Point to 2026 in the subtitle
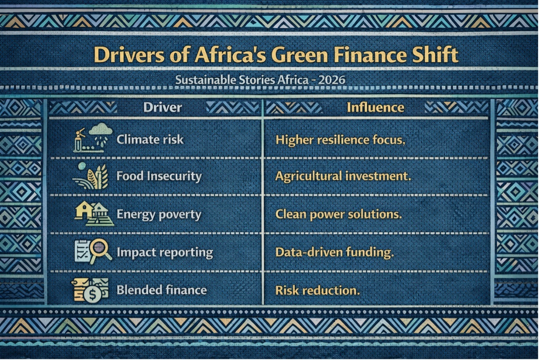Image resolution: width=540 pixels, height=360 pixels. tap(331, 80)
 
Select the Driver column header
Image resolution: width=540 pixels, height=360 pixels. tap(162, 107)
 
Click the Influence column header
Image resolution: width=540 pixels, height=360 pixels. tap(375, 107)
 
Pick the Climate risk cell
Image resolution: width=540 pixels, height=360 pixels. tap(150, 139)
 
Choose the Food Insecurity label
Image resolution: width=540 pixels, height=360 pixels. tap(159, 176)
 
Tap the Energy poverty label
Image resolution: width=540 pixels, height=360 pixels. tap(159, 214)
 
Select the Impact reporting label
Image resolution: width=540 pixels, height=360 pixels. tap(165, 252)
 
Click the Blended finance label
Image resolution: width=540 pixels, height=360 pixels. tap(162, 290)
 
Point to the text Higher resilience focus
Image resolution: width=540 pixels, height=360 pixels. tap(340, 140)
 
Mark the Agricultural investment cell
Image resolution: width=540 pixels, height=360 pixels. tap(343, 176)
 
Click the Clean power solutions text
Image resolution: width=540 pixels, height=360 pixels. tap(338, 214)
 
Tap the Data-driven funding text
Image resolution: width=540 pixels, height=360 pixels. tap(334, 252)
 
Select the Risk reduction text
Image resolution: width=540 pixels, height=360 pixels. tap(317, 290)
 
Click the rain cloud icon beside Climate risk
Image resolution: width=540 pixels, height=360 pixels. tap(100, 131)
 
